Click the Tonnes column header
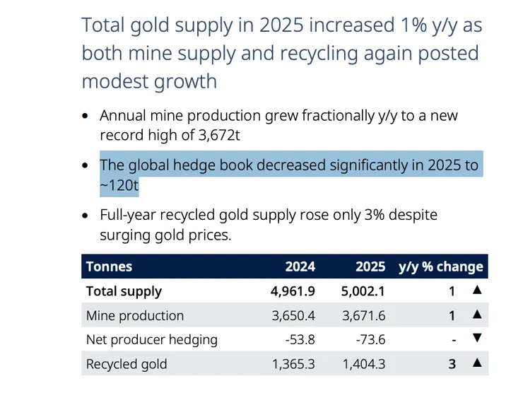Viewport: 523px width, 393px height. point(109,266)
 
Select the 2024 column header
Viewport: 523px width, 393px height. point(300,266)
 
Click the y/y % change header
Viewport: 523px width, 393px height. point(440,266)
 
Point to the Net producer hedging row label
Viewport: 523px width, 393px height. point(151,340)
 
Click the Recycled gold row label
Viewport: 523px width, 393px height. point(127,365)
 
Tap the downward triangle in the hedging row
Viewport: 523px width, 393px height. point(477,339)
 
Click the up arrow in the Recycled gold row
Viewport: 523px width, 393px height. point(477,363)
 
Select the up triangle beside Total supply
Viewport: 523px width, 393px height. point(477,290)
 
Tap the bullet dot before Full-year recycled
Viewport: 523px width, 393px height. point(86,215)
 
